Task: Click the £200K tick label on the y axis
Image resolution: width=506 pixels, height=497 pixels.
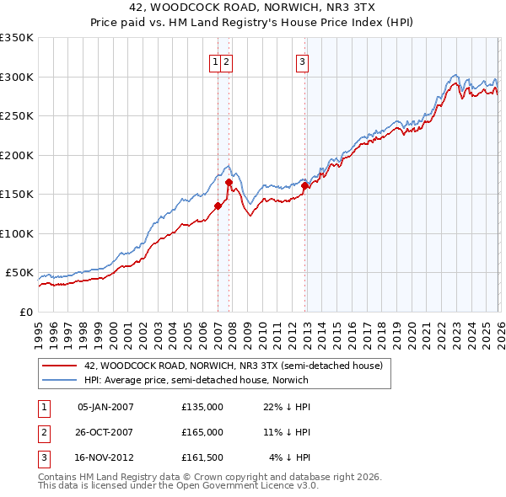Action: pos(16,155)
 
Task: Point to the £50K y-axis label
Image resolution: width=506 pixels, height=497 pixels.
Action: pos(19,273)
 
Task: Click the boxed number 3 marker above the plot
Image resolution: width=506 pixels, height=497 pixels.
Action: pos(301,61)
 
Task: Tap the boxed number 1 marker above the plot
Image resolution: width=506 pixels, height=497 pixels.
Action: pos(216,61)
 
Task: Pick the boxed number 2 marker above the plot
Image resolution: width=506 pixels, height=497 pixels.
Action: pos(228,61)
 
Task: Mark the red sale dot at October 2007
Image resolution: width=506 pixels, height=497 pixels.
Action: pos(229,182)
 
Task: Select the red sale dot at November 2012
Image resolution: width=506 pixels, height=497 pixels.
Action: pos(305,185)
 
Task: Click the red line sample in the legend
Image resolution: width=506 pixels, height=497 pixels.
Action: pos(59,366)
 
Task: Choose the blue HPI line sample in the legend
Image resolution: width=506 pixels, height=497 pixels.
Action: pos(59,380)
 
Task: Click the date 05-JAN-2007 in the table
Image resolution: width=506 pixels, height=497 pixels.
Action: pos(105,407)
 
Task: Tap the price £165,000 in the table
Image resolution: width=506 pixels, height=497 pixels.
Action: pos(202,432)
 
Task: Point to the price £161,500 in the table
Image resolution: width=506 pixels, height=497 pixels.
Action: pos(202,457)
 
